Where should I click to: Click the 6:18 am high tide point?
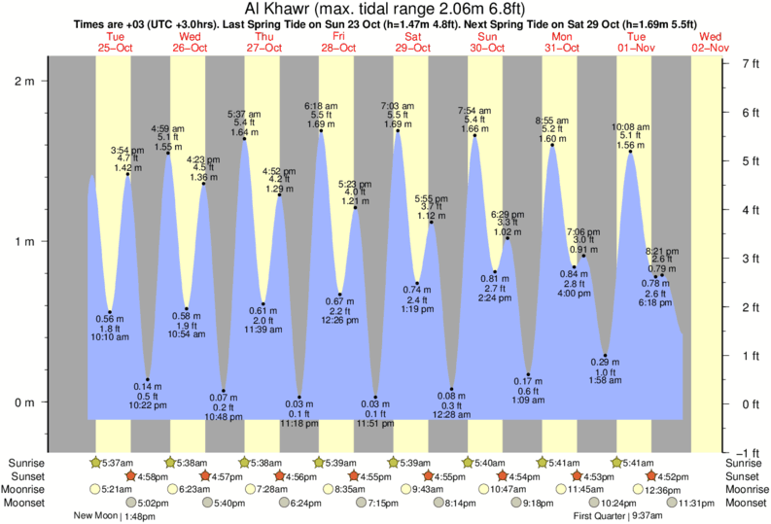pyautogui.click(x=321, y=131)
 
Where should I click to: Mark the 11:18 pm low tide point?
pyautogui.click(x=299, y=398)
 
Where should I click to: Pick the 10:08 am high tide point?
pyautogui.click(x=630, y=152)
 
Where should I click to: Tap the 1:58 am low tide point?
pyautogui.click(x=605, y=356)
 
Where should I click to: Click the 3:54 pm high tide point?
pyautogui.click(x=127, y=174)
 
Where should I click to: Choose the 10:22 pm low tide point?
pyautogui.click(x=148, y=379)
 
